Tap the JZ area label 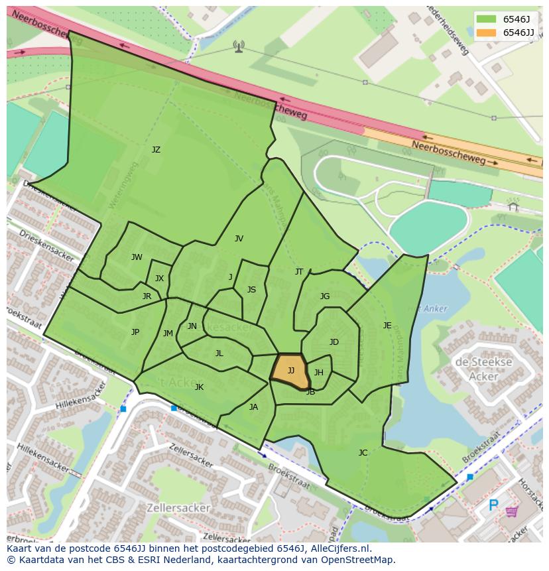(156, 150)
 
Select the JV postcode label (239, 239)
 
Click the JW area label (137, 257)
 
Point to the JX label (159, 279)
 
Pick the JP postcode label (135, 332)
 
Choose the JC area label (363, 453)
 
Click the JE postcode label (387, 326)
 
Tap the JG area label (325, 296)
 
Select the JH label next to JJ (319, 373)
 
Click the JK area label (199, 387)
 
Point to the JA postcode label (253, 407)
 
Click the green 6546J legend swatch (485, 19)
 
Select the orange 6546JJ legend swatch (485, 32)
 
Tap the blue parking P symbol (493, 506)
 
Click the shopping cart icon (512, 511)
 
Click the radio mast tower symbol (238, 46)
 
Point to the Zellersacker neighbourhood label (180, 508)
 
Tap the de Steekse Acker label (483, 369)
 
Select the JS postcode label (251, 290)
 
